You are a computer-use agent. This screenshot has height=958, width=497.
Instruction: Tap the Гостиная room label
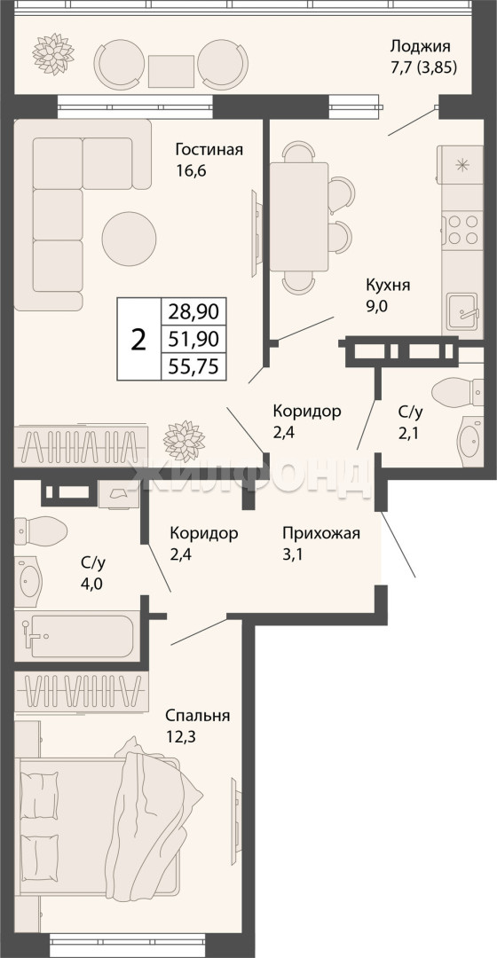[209, 150]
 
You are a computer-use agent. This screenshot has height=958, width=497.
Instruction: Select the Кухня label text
[388, 286]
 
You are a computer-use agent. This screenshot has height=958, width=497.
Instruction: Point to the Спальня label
[197, 716]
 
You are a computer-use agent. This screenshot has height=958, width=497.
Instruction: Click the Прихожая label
[321, 533]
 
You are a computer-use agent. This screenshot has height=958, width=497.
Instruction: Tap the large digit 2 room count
[139, 339]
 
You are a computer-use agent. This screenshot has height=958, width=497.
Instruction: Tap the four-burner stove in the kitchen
[462, 230]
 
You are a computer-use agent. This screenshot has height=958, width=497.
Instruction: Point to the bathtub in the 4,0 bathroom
[82, 636]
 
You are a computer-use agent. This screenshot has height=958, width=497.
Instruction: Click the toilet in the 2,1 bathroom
[458, 392]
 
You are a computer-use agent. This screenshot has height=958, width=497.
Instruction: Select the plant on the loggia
[53, 54]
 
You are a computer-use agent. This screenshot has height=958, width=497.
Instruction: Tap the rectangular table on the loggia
[170, 72]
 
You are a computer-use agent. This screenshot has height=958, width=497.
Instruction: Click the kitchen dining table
[299, 217]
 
